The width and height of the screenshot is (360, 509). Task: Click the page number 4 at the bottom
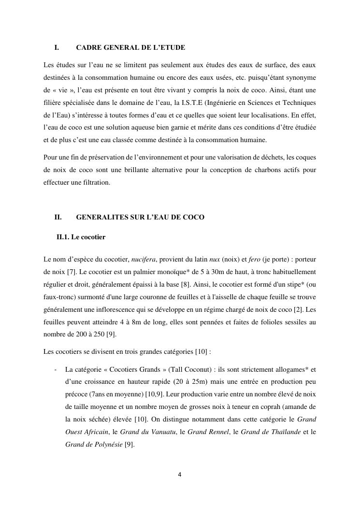180,474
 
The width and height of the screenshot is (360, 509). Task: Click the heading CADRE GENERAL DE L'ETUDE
130,48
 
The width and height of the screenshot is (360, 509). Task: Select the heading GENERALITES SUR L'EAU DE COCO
140,217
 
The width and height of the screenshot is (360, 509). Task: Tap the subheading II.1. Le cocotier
81,237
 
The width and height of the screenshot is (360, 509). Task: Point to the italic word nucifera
144,260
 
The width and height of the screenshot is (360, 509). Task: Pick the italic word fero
254,260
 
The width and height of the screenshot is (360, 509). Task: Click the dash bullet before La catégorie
56,370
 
